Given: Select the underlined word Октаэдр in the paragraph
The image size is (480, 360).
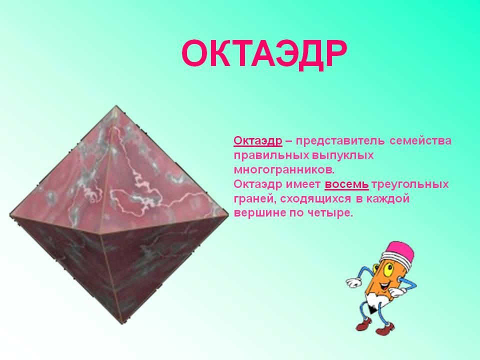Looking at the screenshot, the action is [258, 141].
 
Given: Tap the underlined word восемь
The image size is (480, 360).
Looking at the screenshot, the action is [346, 184].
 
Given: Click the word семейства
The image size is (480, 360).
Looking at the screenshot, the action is [420, 141].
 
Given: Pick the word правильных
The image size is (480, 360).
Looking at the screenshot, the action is [271, 155].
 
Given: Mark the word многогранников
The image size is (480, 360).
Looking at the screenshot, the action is [283, 170].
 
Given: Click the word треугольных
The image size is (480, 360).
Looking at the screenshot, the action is [410, 184].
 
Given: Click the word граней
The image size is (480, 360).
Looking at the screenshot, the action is [255, 199].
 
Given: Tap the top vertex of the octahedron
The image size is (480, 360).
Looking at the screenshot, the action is [116, 105].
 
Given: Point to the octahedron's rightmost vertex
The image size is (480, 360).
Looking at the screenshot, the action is [228, 215].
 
